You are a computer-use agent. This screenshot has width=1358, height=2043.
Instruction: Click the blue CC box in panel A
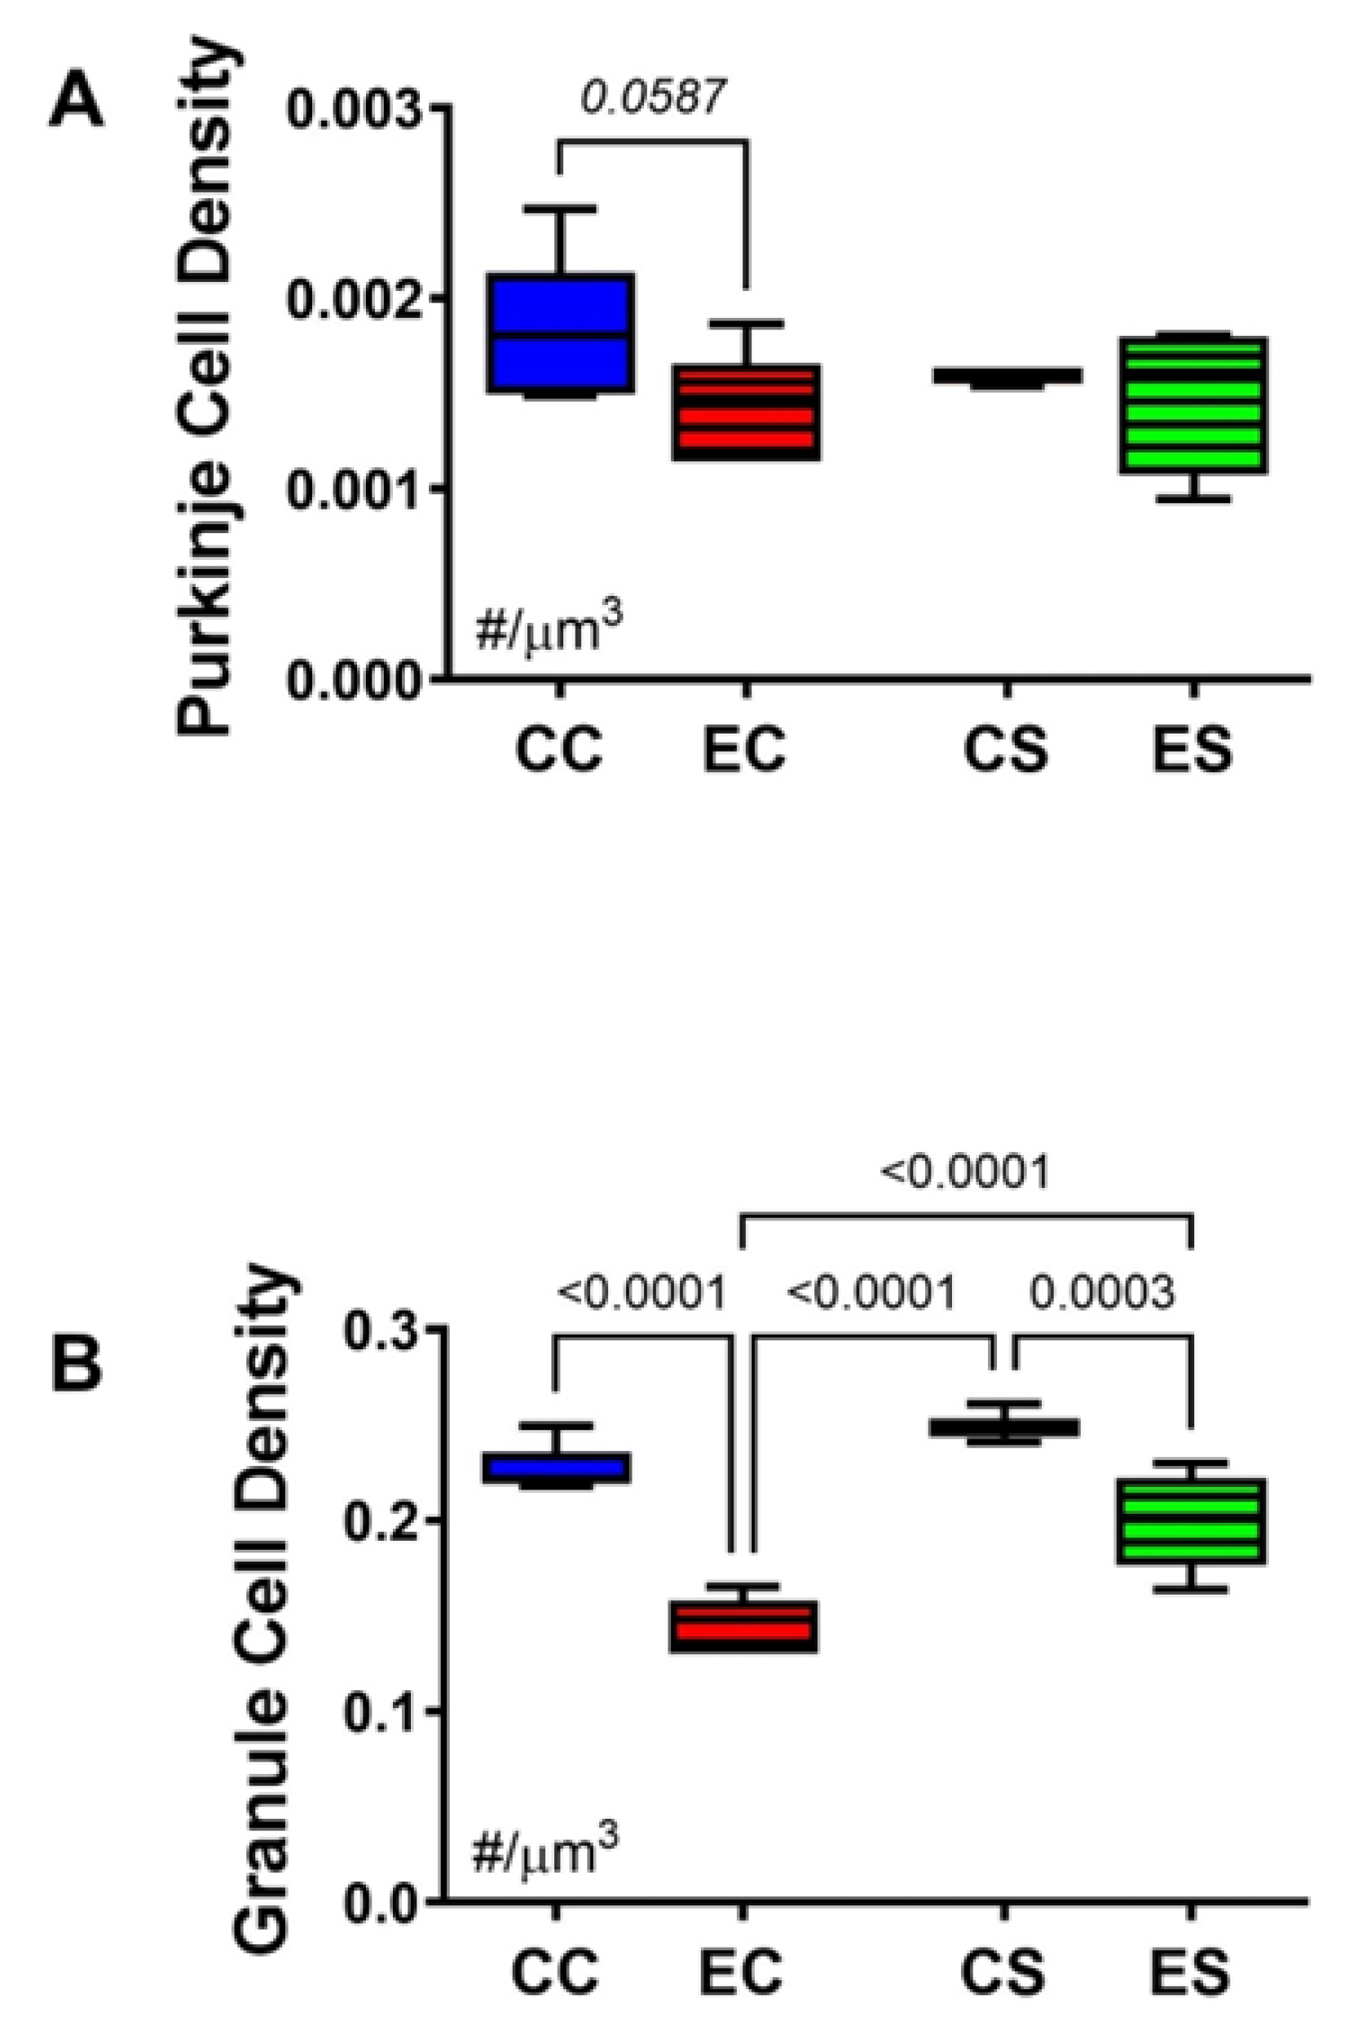pos(559,333)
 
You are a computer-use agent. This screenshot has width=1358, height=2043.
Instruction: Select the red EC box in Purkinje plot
pos(747,413)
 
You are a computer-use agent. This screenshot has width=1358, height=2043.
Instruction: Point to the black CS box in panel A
pos(1006,376)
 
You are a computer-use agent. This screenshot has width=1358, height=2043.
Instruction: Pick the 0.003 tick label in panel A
pos(356,108)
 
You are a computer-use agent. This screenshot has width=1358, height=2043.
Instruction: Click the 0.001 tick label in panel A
pos(356,489)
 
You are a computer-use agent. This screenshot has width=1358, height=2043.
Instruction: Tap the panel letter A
pos(77,99)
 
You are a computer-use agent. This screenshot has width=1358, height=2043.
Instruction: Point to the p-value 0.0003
pos(1102,1294)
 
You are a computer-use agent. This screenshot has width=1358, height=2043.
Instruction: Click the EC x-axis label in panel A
pos(744,750)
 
